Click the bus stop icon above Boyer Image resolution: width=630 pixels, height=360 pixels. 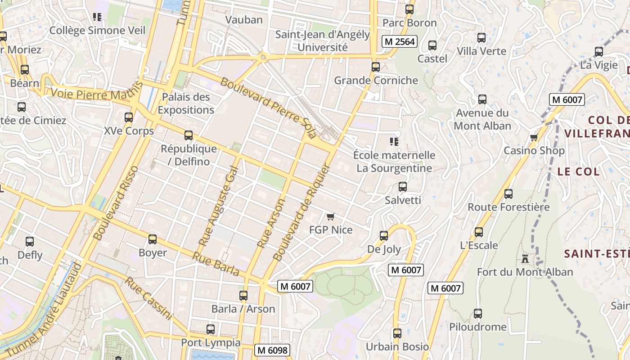pos(153,239)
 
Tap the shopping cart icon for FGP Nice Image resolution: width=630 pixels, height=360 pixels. pos(331,217)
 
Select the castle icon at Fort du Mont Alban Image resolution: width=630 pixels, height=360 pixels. pos(525,259)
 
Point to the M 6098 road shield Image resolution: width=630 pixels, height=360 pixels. pos(272,350)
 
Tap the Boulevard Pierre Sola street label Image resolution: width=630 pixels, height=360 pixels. pos(268,108)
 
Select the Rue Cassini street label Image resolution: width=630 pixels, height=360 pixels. pos(148,298)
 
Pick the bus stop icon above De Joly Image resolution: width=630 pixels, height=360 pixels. pos(384,236)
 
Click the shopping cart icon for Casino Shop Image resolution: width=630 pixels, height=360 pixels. pos(534,137)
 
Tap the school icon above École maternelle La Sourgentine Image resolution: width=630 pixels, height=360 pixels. pos(394,142)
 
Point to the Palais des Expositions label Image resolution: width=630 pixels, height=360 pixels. pos(186,103)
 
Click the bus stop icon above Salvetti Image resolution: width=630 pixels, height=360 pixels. pos(403,187)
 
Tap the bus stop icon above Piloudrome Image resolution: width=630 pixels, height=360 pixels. pos(478,314)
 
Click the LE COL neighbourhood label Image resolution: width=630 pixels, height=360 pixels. pos(578,171)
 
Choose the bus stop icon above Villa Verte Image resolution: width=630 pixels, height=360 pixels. pos(481,38)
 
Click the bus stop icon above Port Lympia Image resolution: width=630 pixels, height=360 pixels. pos(211,329)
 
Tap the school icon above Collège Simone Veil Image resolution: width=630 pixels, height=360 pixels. pos(97,17)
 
